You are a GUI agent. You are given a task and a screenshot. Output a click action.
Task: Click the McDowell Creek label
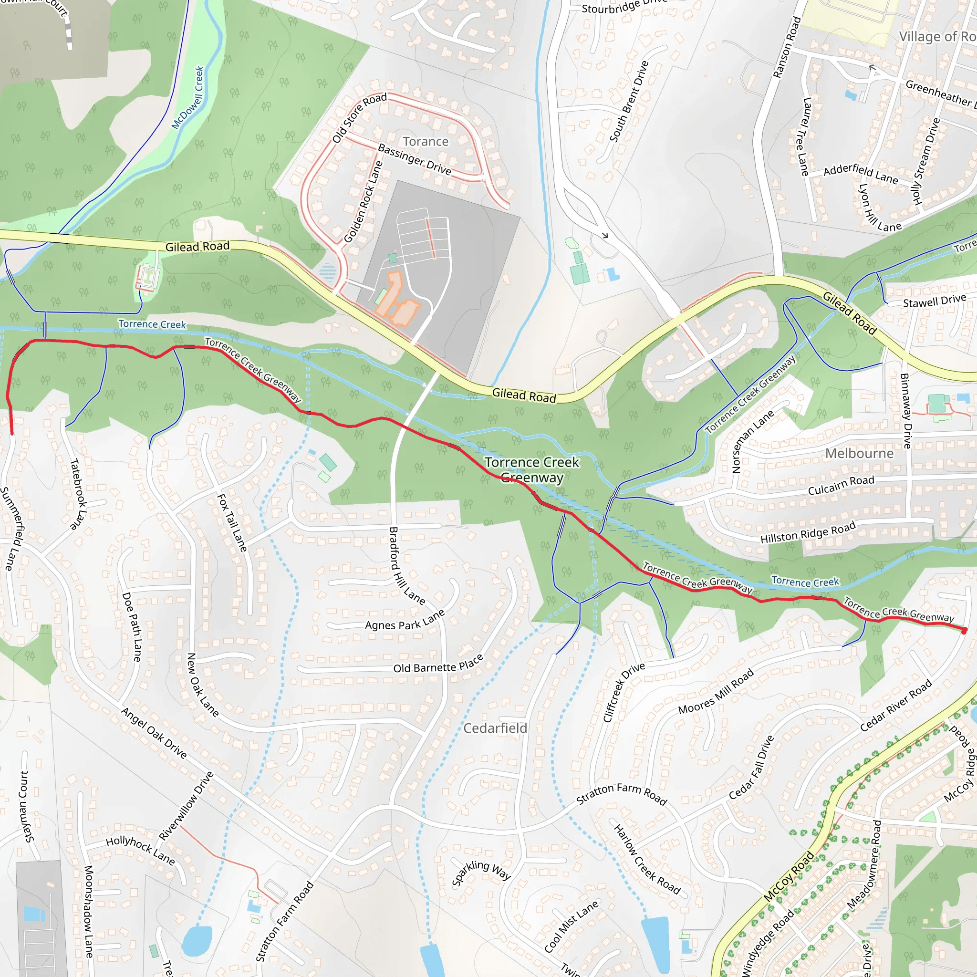click(187, 98)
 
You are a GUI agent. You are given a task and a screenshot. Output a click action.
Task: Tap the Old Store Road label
click(359, 117)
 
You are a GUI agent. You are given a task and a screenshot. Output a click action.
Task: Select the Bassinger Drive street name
click(414, 159)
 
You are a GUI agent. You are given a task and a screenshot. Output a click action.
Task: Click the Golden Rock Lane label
click(363, 202)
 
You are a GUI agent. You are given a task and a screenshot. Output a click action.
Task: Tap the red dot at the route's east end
click(964, 631)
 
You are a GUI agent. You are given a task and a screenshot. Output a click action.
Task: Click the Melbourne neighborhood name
click(859, 453)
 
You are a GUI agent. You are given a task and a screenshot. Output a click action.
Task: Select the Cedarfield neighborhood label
click(495, 728)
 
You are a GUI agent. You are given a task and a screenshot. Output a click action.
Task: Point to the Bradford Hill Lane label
click(406, 565)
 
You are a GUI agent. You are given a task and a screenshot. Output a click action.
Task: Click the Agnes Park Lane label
click(405, 620)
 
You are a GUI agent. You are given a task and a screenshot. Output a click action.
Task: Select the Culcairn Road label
click(841, 485)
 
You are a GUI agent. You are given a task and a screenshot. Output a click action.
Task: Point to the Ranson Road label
click(787, 47)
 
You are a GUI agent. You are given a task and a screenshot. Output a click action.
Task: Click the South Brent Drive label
click(629, 101)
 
